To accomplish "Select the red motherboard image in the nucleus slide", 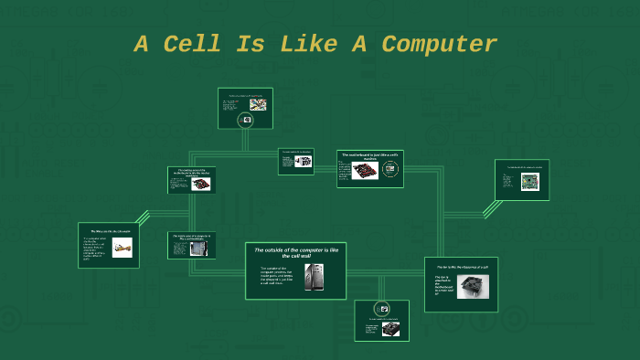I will pos(365,171).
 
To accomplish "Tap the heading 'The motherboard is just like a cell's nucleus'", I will pos(370,155).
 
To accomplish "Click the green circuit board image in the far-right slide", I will pos(529,182).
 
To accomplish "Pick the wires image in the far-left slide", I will pos(122,248).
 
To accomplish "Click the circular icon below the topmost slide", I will pos(245,121).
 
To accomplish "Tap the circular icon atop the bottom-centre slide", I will pos(382,309).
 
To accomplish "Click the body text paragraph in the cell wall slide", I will pos(275,276).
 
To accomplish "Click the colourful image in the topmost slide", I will pos(258,105).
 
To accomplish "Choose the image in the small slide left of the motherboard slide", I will pos(303,164).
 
